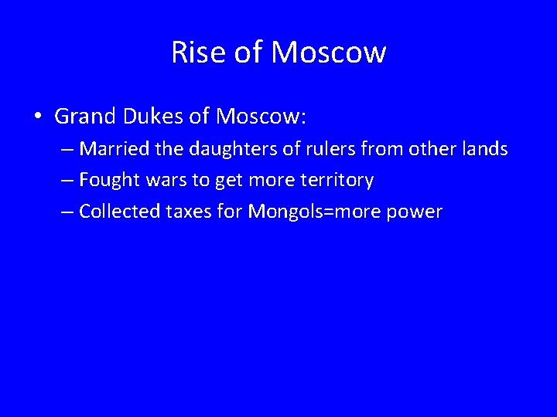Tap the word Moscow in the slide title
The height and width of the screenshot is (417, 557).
(329, 53)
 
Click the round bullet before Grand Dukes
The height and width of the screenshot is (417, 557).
(37, 117)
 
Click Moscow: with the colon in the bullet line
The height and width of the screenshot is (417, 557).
(261, 117)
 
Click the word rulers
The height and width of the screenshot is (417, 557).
(313, 149)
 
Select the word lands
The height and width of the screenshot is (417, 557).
(486, 149)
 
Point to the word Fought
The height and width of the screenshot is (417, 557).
(107, 181)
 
